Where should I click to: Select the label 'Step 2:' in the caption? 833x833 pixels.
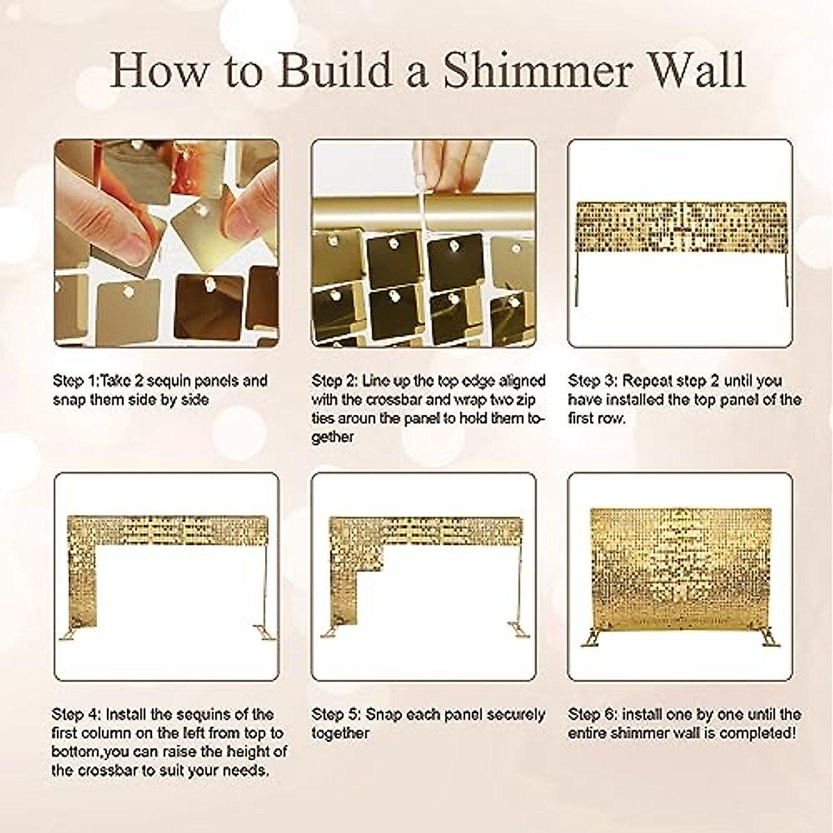pyautogui.click(x=335, y=381)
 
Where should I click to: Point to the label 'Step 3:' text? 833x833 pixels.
pyautogui.click(x=592, y=381)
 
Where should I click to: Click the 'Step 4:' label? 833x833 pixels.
pyautogui.click(x=76, y=714)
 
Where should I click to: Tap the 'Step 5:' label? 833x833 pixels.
pyautogui.click(x=335, y=714)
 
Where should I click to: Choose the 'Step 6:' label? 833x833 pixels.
pyautogui.click(x=592, y=714)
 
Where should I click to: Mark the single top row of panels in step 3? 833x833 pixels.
pyautogui.click(x=681, y=227)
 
